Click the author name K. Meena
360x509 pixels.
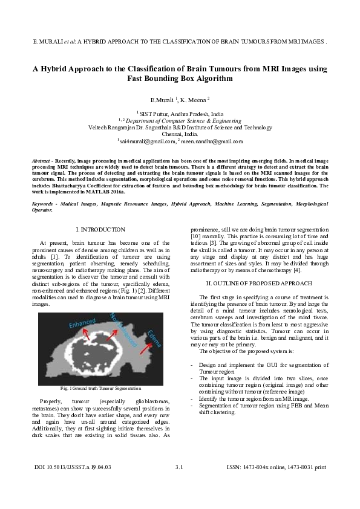[195, 99]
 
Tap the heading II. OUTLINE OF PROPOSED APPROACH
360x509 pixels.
[259, 283]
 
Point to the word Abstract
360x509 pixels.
[41, 160]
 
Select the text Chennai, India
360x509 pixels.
[180, 134]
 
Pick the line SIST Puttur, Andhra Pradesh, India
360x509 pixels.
[180, 113]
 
